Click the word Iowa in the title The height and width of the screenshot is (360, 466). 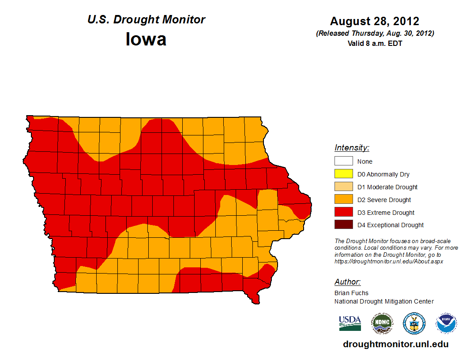click(x=146, y=39)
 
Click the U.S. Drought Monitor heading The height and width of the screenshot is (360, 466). click(x=146, y=20)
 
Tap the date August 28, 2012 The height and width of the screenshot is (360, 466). click(x=375, y=21)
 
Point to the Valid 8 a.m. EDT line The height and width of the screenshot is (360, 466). click(x=375, y=43)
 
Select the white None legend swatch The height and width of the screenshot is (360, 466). click(x=343, y=161)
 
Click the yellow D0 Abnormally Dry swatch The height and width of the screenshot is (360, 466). click(x=343, y=174)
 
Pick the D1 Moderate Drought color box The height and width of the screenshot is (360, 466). click(x=343, y=187)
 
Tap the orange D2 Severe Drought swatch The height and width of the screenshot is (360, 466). click(x=343, y=200)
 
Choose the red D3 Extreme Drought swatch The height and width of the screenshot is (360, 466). click(x=343, y=213)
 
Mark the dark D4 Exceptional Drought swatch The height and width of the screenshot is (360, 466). click(x=343, y=225)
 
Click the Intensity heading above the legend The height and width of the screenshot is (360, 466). click(x=352, y=148)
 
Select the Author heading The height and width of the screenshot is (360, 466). click(x=347, y=282)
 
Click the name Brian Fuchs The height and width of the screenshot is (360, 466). click(x=351, y=293)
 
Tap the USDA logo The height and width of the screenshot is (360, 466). click(x=350, y=323)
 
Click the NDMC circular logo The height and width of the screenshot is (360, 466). click(x=382, y=323)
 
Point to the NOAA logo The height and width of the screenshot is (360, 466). click(x=446, y=323)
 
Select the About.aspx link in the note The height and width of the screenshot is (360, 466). click(x=388, y=261)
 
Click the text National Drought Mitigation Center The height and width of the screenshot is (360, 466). click(x=384, y=301)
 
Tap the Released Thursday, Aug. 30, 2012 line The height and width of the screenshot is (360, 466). click(x=375, y=34)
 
